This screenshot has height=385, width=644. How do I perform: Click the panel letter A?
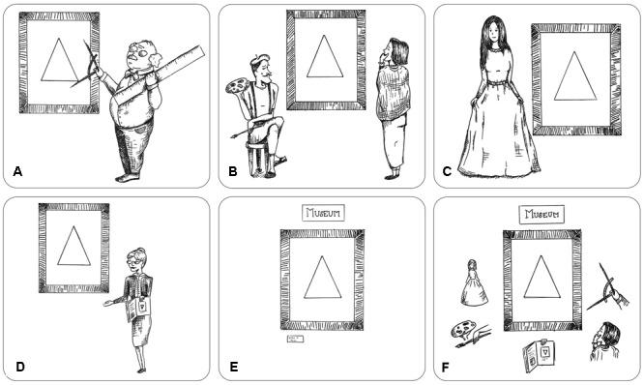pyautogui.click(x=17, y=171)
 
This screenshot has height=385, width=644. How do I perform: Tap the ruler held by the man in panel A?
pyautogui.click(x=159, y=74)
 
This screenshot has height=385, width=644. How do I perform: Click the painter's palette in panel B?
pyautogui.click(x=237, y=85)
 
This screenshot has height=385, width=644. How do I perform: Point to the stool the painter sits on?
pyautogui.click(x=256, y=159)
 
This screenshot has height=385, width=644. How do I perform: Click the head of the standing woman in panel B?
pyautogui.click(x=395, y=52)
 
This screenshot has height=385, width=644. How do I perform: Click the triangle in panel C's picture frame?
pyautogui.click(x=575, y=76)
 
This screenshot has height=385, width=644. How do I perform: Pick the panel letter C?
pyautogui.click(x=447, y=171)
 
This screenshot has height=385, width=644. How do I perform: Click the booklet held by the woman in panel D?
pyautogui.click(x=139, y=309)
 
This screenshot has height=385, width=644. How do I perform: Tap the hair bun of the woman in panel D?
pyautogui.click(x=142, y=250)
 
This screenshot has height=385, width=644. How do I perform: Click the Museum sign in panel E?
pyautogui.click(x=323, y=213)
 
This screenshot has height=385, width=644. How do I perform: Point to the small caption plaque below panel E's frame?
pyautogui.click(x=295, y=339)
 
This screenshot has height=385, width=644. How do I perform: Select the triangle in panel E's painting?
pyautogui.click(x=323, y=278)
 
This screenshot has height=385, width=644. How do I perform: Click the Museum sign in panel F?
pyautogui.click(x=542, y=214)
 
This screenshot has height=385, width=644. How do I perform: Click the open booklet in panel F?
pyautogui.click(x=539, y=355)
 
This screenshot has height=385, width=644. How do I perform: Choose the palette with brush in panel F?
pyautogui.click(x=469, y=334)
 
